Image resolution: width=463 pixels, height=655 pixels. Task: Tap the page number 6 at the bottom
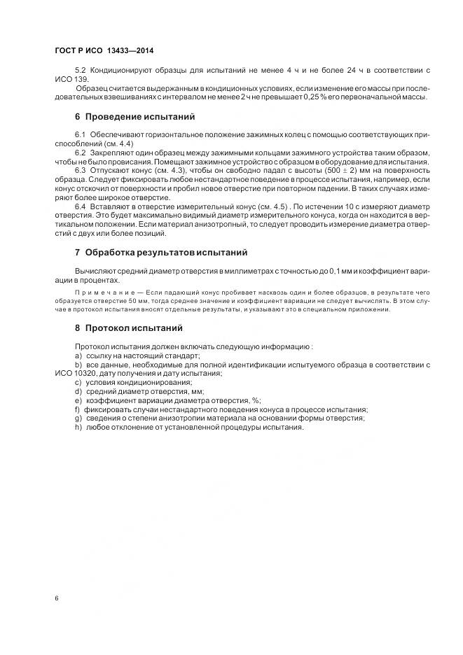56,598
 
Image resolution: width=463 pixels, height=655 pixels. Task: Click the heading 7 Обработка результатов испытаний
160,251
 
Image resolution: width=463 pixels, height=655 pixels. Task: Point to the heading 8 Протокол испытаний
129,327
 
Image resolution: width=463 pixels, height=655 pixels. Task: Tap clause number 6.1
81,134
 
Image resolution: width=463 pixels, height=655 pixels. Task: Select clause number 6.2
81,152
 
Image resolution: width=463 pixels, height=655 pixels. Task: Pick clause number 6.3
81,170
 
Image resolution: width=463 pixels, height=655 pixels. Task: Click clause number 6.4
81,206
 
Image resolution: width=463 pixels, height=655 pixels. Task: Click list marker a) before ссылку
78,355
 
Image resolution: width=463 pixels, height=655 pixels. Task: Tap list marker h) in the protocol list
78,428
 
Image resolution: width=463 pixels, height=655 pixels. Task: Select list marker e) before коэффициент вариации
78,401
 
